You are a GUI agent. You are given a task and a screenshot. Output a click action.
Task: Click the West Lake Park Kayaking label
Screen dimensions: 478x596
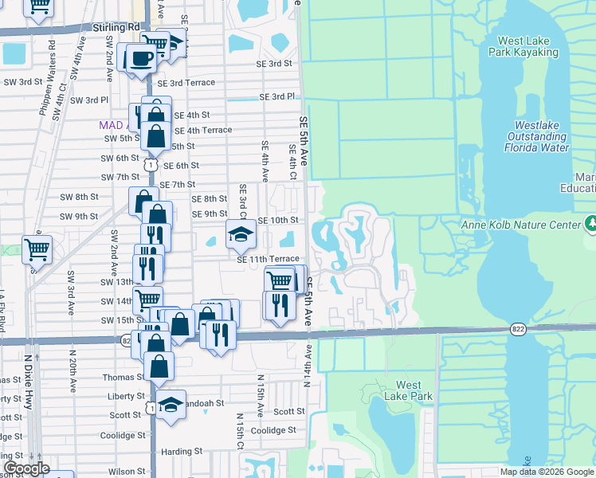point(527,46)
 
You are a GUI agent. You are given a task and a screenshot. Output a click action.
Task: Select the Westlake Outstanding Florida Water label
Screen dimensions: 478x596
point(542,136)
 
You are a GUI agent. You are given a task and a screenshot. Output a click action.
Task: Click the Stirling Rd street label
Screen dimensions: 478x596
point(116,27)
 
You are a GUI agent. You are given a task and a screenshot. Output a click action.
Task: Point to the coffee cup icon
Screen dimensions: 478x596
point(142,57)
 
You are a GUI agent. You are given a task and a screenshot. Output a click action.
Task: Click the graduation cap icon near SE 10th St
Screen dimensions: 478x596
point(240,233)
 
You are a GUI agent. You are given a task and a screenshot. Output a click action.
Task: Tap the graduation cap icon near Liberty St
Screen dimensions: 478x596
point(170,405)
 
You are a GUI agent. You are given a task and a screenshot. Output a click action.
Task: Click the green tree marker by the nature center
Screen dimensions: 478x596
point(590,224)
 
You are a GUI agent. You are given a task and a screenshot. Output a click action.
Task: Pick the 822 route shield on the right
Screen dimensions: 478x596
point(517,328)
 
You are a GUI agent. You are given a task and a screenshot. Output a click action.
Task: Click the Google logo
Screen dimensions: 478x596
point(26,468)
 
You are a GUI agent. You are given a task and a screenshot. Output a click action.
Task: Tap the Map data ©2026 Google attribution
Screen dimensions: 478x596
point(546,472)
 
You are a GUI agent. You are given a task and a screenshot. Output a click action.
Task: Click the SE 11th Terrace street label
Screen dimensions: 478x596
point(268,259)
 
